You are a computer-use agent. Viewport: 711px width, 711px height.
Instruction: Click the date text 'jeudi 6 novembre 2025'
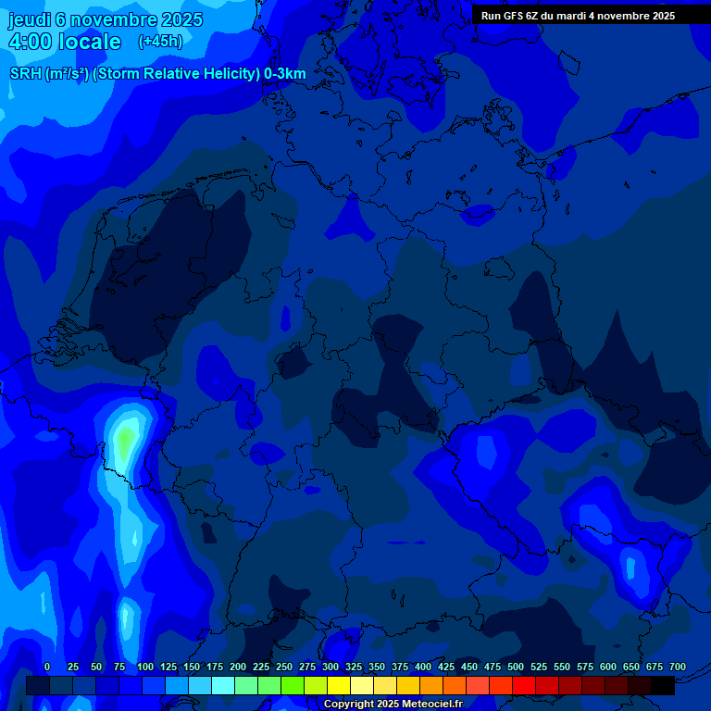106,19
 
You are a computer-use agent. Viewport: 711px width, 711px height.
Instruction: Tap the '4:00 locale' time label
65,42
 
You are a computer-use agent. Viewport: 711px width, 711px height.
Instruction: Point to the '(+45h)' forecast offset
160,42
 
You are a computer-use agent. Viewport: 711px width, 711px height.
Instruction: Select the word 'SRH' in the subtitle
26,74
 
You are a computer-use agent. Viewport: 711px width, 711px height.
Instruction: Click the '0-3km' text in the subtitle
285,74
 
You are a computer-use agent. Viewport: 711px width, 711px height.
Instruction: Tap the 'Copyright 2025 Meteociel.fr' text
393,704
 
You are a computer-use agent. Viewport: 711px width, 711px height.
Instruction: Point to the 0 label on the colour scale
47,667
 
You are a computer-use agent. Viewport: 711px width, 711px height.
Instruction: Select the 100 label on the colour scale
145,667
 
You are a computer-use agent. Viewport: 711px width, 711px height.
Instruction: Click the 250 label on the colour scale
284,667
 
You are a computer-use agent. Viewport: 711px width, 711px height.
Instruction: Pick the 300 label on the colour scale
331,667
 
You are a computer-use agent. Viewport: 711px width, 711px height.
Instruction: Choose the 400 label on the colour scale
423,667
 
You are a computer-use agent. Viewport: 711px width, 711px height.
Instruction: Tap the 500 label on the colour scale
516,667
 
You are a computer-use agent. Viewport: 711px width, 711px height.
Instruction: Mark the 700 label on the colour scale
678,667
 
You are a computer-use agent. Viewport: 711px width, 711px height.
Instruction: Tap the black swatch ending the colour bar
663,686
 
